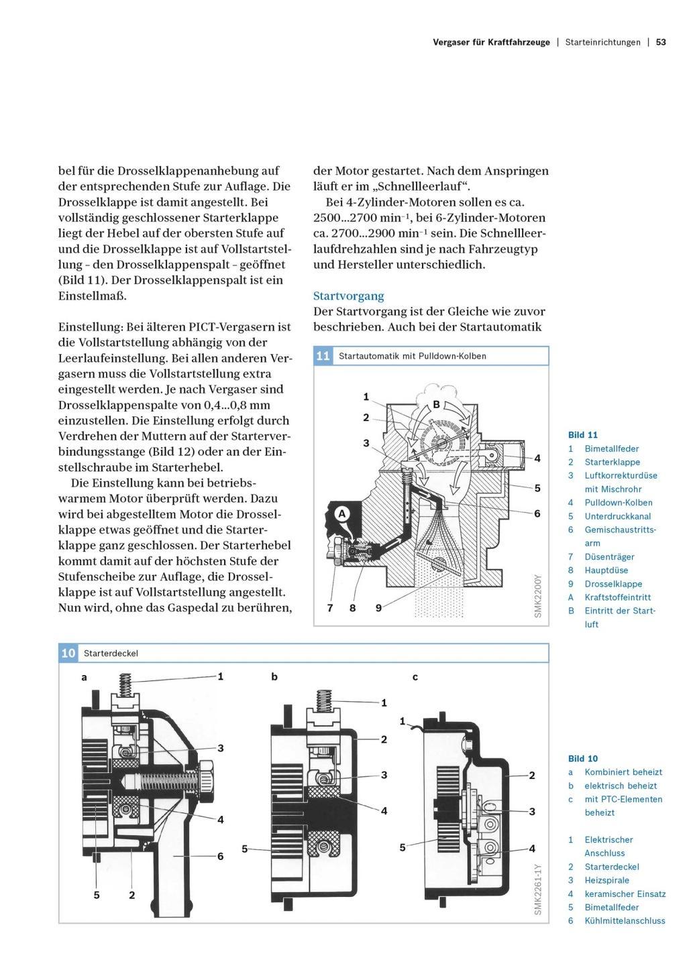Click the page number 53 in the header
(x=661, y=42)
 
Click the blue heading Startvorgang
(x=348, y=296)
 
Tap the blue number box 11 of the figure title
(x=323, y=356)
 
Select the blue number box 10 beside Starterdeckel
(x=68, y=653)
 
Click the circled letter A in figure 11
(x=341, y=514)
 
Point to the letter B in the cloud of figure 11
(x=435, y=405)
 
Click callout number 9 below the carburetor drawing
(x=378, y=608)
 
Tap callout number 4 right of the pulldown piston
(x=537, y=459)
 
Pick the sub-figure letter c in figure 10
(x=415, y=678)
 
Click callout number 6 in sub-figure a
(x=220, y=856)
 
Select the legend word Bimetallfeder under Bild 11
(x=611, y=448)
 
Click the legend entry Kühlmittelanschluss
(x=625, y=920)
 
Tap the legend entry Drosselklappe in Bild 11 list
(x=613, y=584)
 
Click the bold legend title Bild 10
(x=582, y=758)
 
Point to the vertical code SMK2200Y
(x=537, y=596)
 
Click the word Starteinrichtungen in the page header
(x=602, y=42)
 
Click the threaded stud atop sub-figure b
(x=324, y=699)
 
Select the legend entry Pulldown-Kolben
(x=619, y=503)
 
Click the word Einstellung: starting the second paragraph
(x=91, y=327)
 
